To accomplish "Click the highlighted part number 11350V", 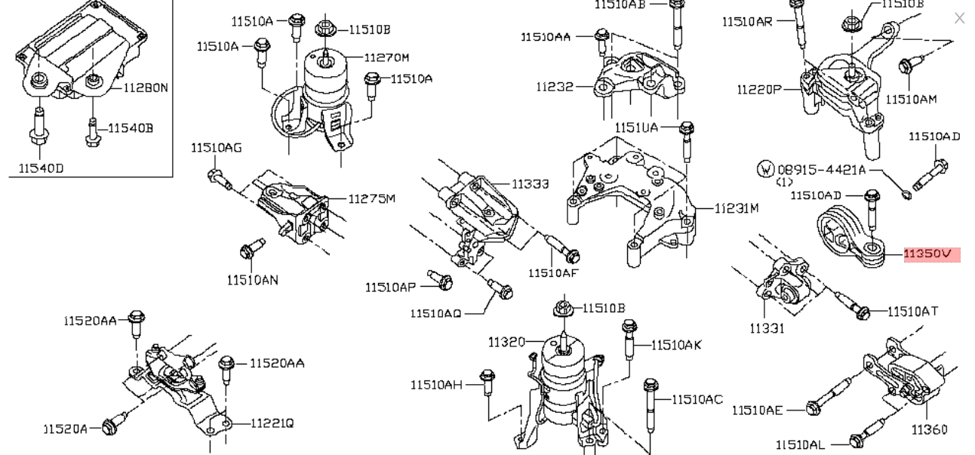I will [931, 254].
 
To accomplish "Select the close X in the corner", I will [959, 18].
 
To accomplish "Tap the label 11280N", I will [146, 88].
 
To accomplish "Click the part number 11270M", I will [386, 57].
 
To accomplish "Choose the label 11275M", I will [371, 198].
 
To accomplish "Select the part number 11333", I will [530, 183].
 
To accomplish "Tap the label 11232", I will [555, 87].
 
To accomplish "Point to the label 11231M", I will [737, 208].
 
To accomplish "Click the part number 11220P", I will [759, 90].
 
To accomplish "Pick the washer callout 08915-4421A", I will [822, 170].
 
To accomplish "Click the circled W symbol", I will [765, 169].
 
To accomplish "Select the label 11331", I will [767, 328].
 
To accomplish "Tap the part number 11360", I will [929, 429].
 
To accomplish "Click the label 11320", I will [506, 342].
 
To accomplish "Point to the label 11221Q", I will [272, 423].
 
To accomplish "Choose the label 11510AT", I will [912, 311].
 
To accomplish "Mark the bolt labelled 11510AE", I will [813, 409].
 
